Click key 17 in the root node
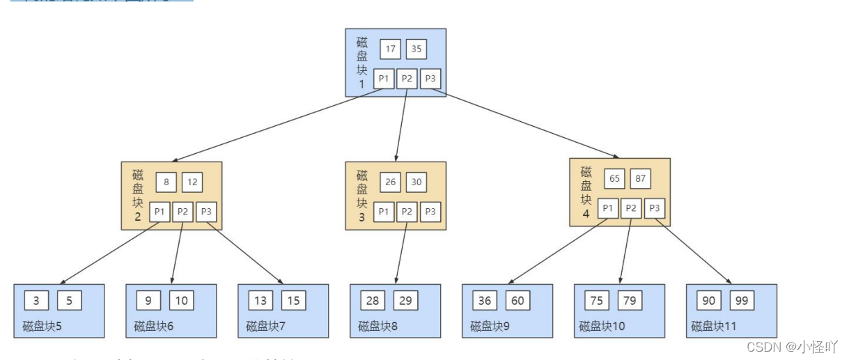coord(390,49)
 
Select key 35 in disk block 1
coord(416,49)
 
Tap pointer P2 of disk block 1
coord(407,79)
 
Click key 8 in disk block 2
coord(166,182)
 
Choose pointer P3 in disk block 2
coord(206,212)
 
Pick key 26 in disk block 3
coord(390,182)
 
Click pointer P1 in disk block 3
coord(383,212)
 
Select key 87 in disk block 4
coord(641,179)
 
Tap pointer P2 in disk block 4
coord(631,208)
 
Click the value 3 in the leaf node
coord(36,300)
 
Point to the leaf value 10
coord(181,300)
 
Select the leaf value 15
coord(293,300)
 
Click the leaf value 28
coord(373,300)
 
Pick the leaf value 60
coord(517,300)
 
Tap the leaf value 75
coord(597,300)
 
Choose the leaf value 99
coord(742,300)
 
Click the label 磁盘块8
coord(378,325)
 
